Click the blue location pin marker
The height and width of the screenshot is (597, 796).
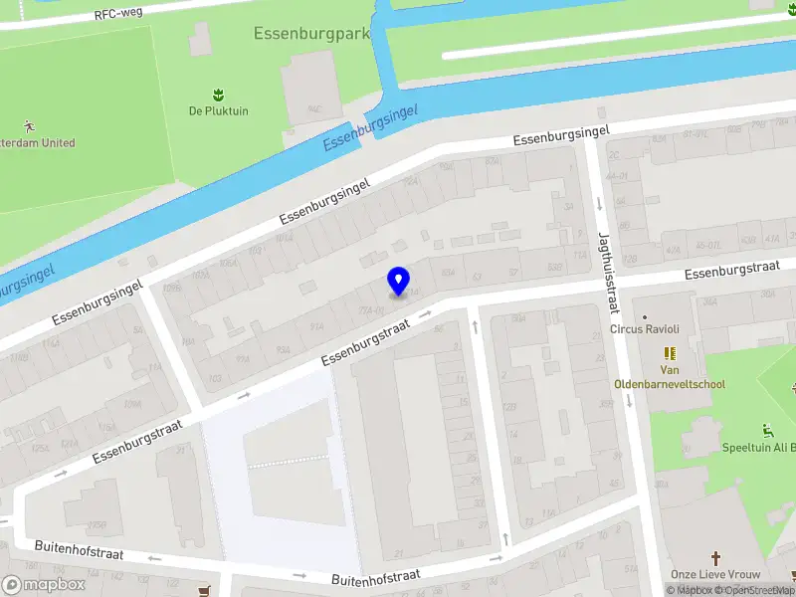pos(398,281)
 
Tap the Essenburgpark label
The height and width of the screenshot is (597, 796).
pos(311,33)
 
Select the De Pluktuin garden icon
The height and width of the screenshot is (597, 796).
pos(218,95)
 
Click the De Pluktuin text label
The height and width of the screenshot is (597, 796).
pos(218,111)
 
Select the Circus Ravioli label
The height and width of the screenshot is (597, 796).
pos(645,329)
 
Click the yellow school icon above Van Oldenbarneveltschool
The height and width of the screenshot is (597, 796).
pos(670,353)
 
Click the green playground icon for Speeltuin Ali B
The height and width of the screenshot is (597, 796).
pos(767,431)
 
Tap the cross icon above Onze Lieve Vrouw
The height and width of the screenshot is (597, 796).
pos(714,558)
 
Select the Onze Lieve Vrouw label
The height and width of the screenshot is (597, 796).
pos(715,575)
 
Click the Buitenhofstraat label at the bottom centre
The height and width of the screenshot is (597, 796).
pos(377,575)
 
